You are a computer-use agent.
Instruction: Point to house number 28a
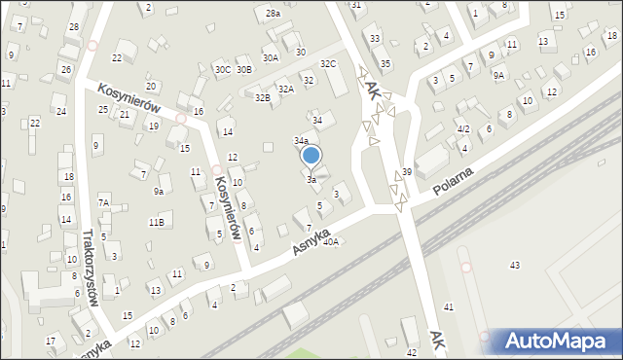point(274,14)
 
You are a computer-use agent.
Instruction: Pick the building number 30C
point(223,70)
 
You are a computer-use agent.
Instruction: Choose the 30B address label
point(244,70)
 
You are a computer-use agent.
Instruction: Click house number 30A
point(271,58)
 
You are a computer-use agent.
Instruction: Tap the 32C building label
point(329,64)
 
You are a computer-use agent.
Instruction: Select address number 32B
point(262,97)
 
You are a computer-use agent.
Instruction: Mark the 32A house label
point(285,89)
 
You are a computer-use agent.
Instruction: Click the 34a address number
point(302,141)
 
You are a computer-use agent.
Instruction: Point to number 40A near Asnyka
point(331,241)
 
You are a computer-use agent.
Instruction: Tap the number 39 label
point(407,171)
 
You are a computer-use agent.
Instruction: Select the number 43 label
point(515,266)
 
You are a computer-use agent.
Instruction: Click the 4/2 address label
point(464,129)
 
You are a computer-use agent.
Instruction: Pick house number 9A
point(498,75)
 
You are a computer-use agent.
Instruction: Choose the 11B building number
point(156,223)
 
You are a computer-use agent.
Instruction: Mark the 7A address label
point(103,203)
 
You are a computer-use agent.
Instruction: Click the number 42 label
point(412,351)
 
